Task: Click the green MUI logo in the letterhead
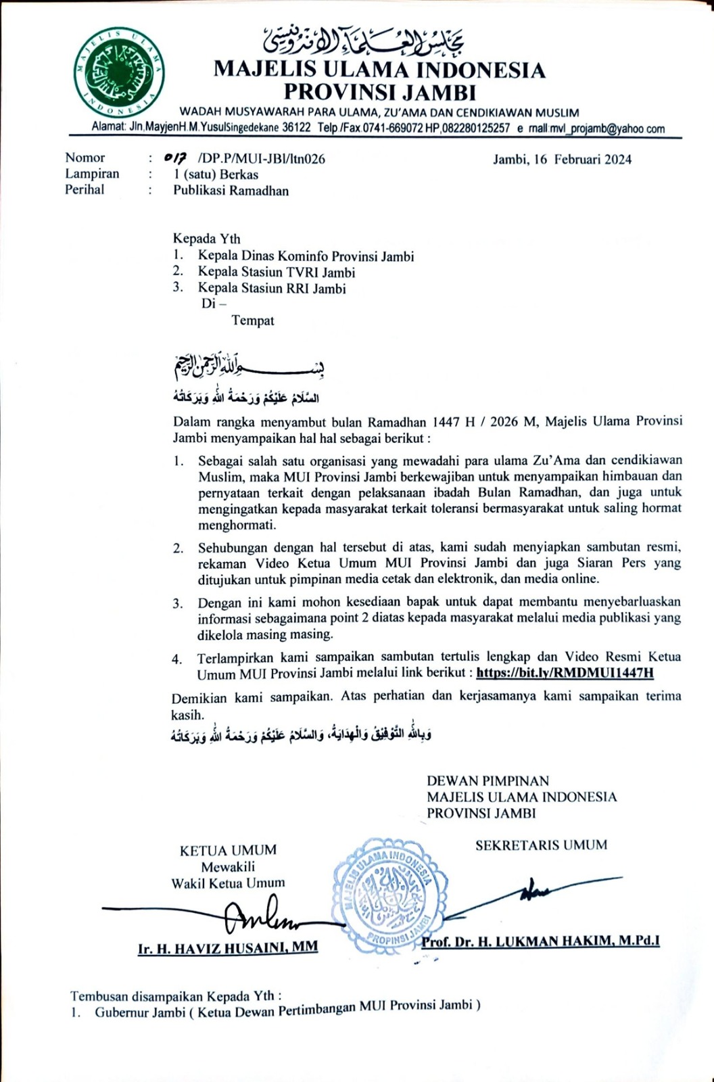(x=119, y=73)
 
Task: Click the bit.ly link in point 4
(x=565, y=673)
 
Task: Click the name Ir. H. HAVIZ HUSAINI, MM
(x=228, y=949)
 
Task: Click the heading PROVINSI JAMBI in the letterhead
(x=379, y=91)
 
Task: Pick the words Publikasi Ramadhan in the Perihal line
(x=231, y=191)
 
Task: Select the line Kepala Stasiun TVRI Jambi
(x=276, y=273)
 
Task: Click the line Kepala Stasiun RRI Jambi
(x=271, y=289)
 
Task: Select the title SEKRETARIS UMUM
(x=541, y=845)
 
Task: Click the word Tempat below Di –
(x=253, y=321)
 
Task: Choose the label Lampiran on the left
(x=92, y=174)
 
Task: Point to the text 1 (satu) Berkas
(x=216, y=174)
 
